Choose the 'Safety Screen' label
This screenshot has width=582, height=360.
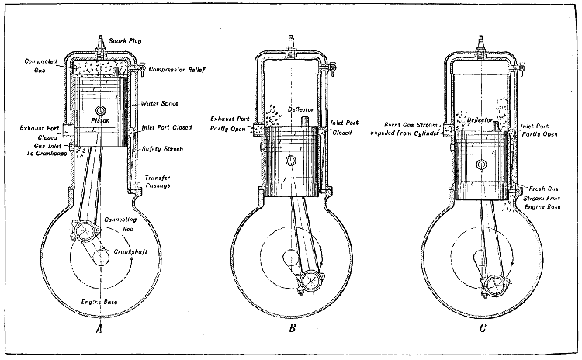tap(162, 148)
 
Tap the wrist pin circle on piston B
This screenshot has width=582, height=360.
tap(289, 161)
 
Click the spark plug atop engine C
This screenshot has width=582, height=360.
tap(484, 45)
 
